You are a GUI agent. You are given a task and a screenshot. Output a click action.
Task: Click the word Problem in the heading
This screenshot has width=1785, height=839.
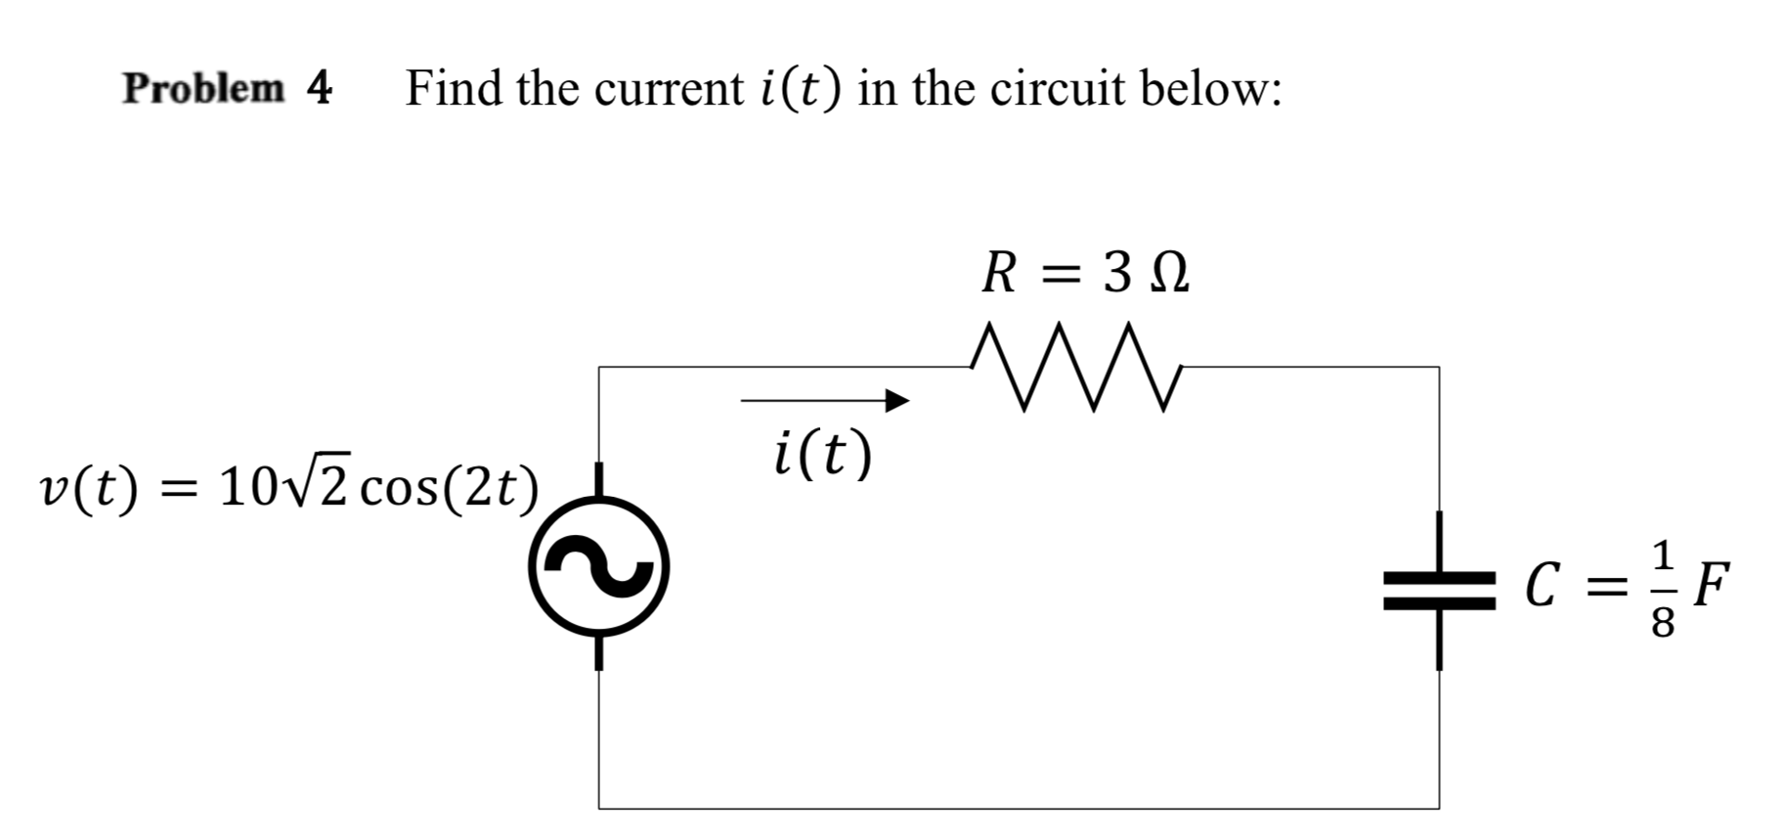pos(203,89)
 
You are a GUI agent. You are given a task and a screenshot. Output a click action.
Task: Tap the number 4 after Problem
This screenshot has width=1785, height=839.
pos(320,89)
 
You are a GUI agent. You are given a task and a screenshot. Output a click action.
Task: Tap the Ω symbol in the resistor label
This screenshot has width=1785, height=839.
pos(1169,274)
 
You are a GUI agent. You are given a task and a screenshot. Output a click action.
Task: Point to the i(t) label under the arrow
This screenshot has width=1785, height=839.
pos(821,456)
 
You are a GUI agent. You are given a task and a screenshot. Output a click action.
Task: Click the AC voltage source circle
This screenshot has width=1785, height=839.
pos(599,567)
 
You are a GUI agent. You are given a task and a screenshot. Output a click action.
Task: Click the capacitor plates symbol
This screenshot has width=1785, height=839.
pos(1439,591)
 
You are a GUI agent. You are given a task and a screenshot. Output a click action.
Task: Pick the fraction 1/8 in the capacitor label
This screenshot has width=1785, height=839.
pos(1663,588)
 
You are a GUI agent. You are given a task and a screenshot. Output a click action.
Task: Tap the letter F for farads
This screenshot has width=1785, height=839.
pos(1711,585)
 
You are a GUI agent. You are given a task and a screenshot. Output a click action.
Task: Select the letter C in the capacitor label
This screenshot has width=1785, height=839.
pos(1542,587)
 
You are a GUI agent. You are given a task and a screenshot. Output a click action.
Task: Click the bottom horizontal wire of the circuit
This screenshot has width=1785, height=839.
pos(1017,809)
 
